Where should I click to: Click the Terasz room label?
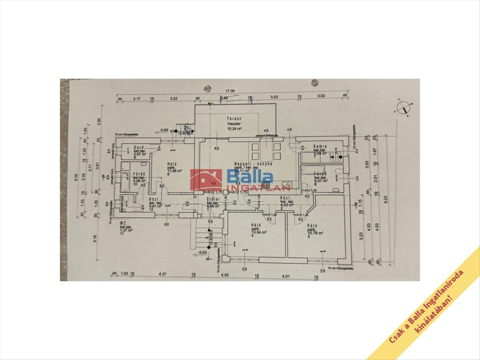[233, 119]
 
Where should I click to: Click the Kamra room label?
[320, 146]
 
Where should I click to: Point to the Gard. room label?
[139, 147]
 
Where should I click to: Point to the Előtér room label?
[212, 199]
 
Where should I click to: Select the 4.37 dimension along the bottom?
[162, 274]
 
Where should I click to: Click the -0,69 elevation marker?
[163, 130]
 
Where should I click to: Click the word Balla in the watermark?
[250, 176]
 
